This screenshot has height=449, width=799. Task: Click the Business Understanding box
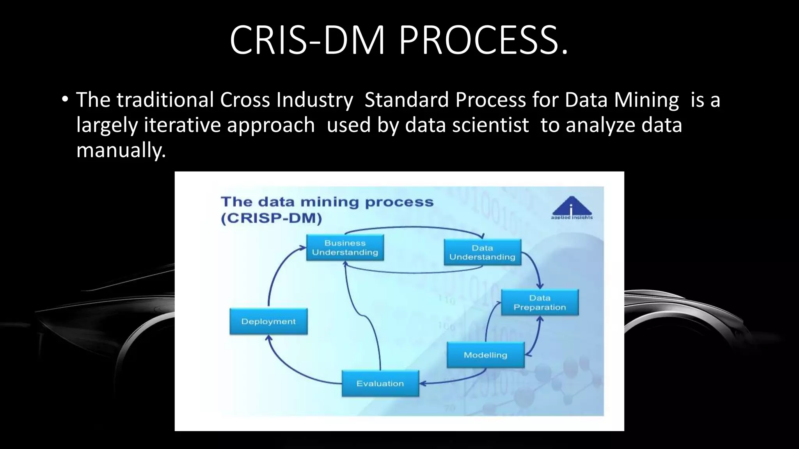pos(345,247)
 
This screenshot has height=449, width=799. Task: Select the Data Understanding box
pos(483,253)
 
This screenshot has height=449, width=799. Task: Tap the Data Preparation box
pos(540,302)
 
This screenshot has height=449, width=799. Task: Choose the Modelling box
pos(485,355)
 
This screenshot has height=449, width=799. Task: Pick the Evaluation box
pos(380,384)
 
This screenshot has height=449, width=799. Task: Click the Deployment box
pos(268,322)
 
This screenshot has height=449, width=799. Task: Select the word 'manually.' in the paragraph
pos(121,150)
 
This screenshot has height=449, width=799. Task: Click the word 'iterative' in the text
pos(183,125)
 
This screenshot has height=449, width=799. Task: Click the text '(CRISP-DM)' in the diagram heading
pos(272,218)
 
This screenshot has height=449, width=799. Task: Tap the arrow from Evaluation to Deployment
pos(289,366)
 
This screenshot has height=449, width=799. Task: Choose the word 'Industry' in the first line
pos(314,99)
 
